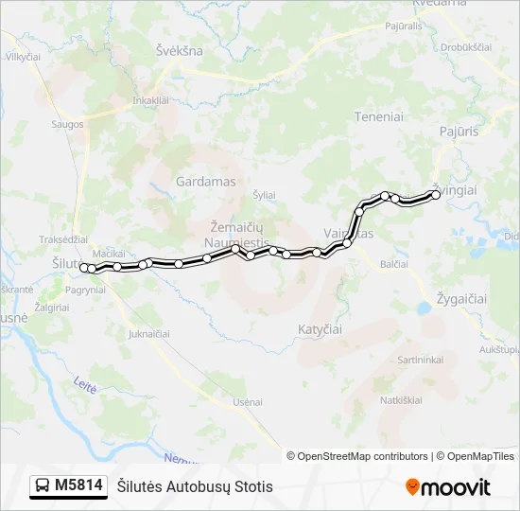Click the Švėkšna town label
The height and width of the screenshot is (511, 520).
pos(180,51)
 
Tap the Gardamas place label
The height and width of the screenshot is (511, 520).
pos(205,180)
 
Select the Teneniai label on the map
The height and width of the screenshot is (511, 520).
pos(378,116)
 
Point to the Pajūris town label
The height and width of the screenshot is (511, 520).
pos(459,132)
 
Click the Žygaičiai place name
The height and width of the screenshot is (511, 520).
pos(460,298)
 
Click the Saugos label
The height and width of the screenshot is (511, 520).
pos(69,124)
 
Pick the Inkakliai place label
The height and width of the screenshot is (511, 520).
pos(150,99)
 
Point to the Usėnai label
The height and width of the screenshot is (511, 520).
pos(248,402)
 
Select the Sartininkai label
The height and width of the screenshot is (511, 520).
pos(421,360)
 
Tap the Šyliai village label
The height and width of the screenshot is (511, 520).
pos(264,195)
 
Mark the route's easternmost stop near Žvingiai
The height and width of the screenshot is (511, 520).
pos(436,195)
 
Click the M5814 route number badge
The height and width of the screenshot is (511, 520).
pos(78,485)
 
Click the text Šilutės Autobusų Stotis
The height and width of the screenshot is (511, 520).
pos(195,486)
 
